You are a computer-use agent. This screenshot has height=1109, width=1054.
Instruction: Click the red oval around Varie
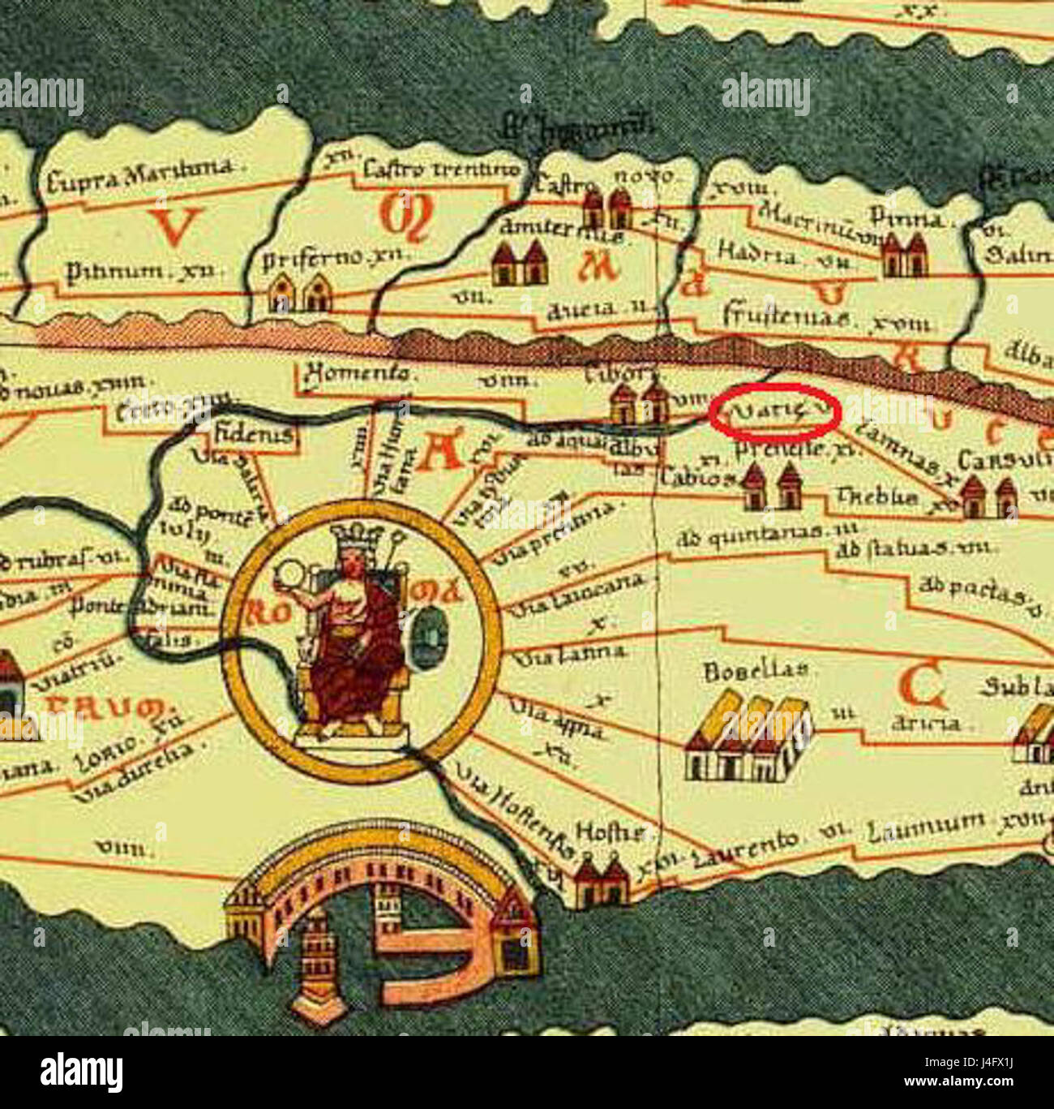[773, 412]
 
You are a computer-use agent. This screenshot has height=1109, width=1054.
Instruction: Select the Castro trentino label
[439, 170]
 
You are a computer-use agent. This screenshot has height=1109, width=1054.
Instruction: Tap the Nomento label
[357, 375]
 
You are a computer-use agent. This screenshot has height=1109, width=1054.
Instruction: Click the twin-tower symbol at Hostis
[601, 882]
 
